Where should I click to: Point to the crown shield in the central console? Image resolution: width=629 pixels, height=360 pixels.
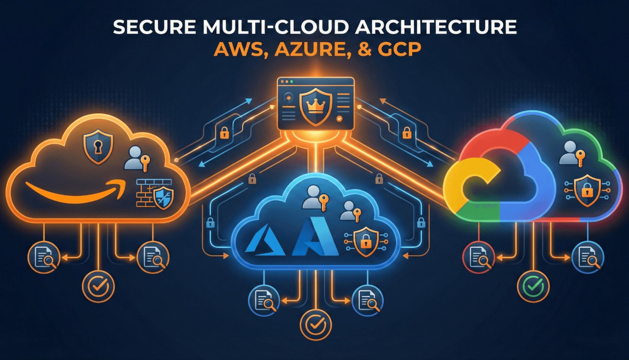pyautogui.click(x=316, y=107)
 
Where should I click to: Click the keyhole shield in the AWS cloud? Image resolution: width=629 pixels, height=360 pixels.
pyautogui.click(x=98, y=146)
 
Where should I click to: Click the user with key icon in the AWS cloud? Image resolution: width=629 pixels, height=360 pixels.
pyautogui.click(x=137, y=159)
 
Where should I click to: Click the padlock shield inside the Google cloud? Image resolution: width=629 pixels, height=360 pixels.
pyautogui.click(x=587, y=190)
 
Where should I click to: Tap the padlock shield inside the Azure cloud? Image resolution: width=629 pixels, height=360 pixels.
pyautogui.click(x=366, y=242)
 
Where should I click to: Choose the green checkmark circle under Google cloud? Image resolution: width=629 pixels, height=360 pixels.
pyautogui.click(x=533, y=286)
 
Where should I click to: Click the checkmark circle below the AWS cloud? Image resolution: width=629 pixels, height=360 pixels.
pyautogui.click(x=98, y=286)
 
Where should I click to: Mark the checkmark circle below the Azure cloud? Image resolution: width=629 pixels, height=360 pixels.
pyautogui.click(x=316, y=325)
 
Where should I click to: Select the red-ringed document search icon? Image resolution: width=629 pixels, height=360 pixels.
pyautogui.click(x=479, y=257)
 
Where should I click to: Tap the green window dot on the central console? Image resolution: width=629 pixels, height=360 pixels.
pyautogui.click(x=291, y=82)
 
